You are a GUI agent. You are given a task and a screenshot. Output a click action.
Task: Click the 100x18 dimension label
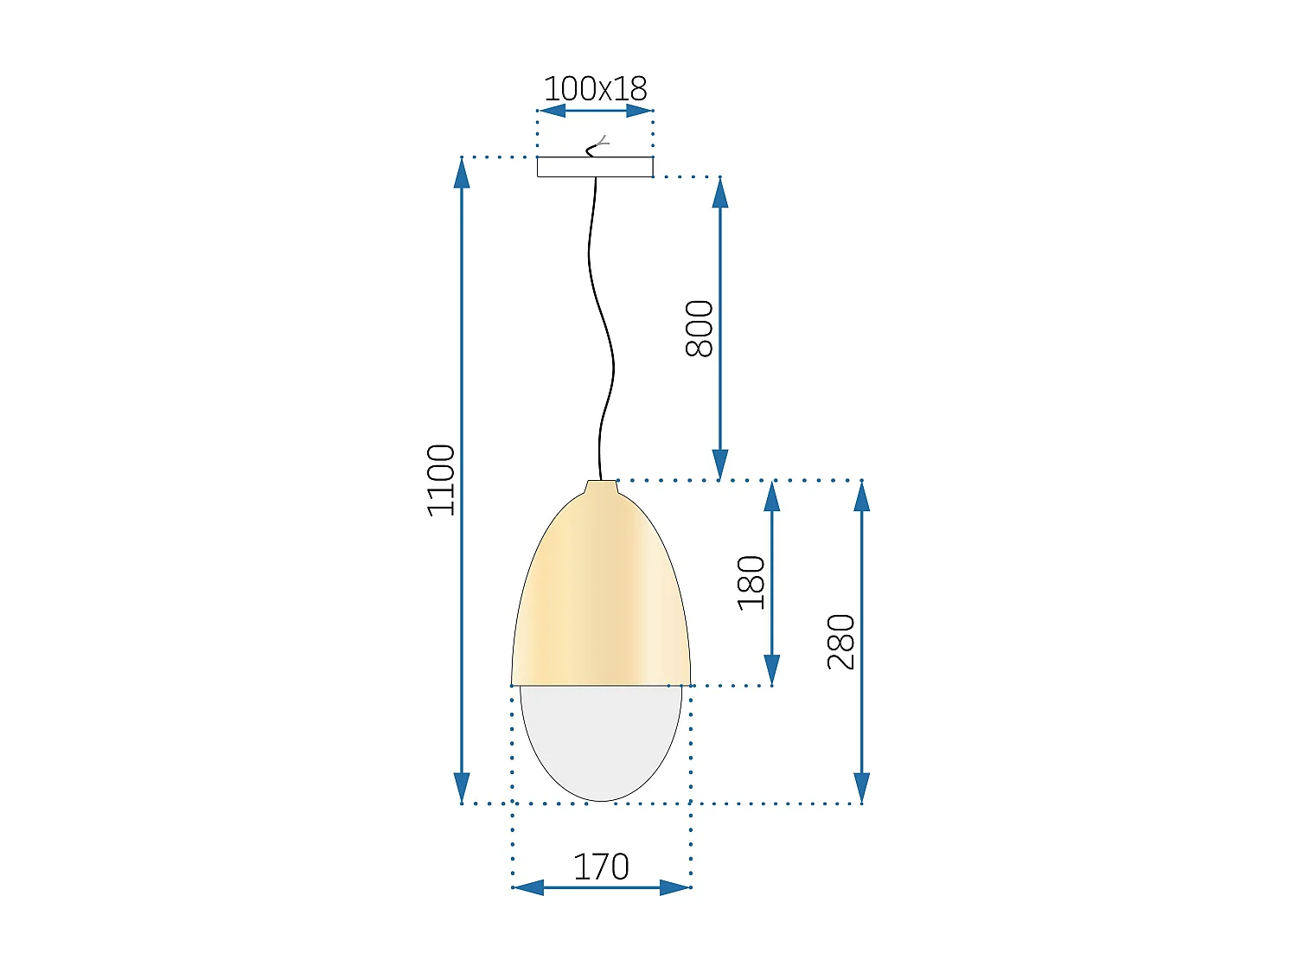tap(595, 89)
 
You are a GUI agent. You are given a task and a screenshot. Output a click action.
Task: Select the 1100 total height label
tap(442, 480)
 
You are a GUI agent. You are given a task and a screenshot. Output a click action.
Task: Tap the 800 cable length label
tap(700, 329)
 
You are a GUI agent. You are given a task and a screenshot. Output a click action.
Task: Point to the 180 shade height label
tap(751, 583)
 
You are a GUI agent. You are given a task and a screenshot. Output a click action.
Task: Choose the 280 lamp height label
tap(841, 642)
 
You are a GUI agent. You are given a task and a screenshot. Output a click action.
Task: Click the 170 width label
tap(601, 867)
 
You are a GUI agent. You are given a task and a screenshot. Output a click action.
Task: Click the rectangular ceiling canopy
tap(595, 167)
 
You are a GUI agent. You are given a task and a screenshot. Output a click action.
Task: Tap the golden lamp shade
tap(600, 597)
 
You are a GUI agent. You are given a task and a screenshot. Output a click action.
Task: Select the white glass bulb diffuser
tap(601, 739)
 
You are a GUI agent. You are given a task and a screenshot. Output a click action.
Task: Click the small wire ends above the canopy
tap(598, 145)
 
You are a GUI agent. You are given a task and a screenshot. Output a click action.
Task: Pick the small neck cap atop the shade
tap(602, 487)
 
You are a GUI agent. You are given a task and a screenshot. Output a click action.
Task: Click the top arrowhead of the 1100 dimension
tap(463, 173)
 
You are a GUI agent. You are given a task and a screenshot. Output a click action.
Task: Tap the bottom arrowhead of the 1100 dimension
tap(463, 788)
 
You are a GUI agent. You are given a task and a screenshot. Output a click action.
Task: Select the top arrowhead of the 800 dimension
tap(720, 193)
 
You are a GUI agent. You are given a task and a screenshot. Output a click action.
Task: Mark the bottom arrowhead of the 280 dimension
tap(861, 788)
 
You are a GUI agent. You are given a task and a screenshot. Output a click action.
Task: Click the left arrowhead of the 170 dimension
tap(528, 887)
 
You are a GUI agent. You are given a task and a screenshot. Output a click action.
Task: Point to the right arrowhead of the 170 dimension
tap(675, 887)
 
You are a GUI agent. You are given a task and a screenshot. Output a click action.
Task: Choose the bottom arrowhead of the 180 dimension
tap(772, 669)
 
